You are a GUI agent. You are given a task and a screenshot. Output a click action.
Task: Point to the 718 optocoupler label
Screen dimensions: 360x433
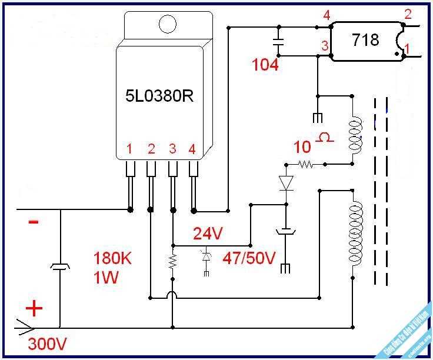pos(365,41)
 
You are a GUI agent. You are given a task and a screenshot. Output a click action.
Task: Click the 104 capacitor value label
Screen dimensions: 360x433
pos(265,65)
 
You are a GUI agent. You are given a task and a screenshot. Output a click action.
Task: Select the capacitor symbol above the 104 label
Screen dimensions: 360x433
pos(278,41)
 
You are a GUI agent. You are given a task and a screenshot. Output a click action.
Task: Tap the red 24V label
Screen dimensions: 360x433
pos(208,234)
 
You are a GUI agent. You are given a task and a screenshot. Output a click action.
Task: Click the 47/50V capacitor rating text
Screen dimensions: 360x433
pos(249,258)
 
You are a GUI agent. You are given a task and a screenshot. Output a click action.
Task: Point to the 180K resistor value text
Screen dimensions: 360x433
pos(113,259)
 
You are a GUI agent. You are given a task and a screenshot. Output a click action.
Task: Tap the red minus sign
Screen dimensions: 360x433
pos(34,222)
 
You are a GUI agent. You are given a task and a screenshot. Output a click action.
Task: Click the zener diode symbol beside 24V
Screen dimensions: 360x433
pos(206,257)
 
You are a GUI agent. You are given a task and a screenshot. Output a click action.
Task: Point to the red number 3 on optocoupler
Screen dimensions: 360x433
pos(324,46)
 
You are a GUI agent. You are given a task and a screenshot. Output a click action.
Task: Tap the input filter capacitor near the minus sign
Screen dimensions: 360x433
pos(60,268)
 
